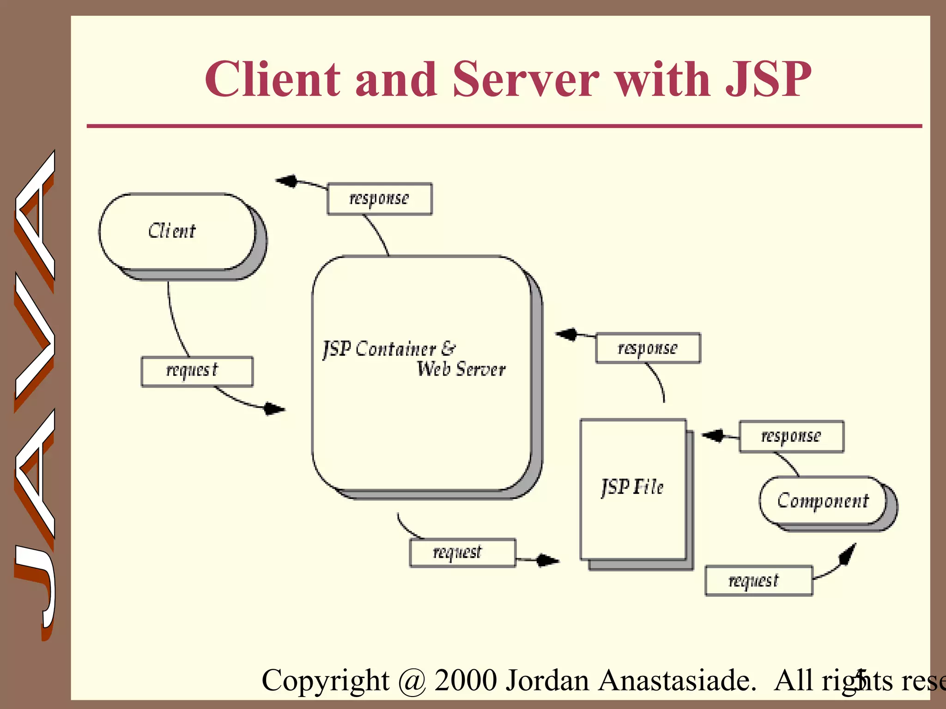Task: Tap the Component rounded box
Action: [x=823, y=501]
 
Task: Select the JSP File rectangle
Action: [x=633, y=489]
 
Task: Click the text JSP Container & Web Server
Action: [x=413, y=359]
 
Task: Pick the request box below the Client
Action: [x=197, y=371]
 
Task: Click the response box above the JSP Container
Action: [x=379, y=199]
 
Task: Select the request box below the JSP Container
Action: [x=462, y=553]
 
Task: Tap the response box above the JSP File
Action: [x=648, y=348]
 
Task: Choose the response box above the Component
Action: [x=791, y=436]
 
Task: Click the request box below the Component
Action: [x=758, y=581]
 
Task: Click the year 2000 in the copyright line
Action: [x=466, y=680]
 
